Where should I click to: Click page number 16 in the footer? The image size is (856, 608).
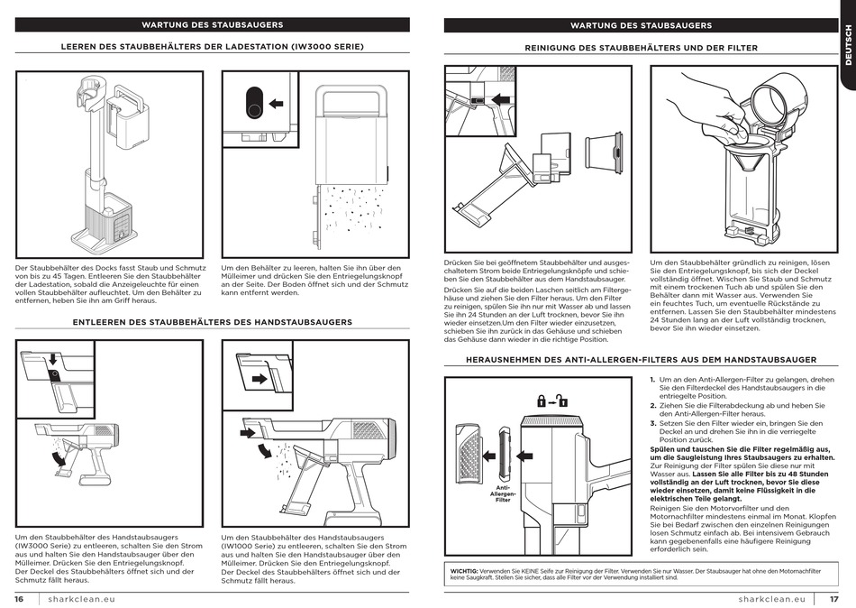coord(18,599)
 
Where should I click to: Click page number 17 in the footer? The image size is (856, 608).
coord(833,599)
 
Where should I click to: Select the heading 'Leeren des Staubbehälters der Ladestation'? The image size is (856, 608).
coord(212,46)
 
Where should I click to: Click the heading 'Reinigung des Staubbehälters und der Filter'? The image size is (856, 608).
coord(641,47)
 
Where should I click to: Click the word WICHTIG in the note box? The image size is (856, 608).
coord(463,570)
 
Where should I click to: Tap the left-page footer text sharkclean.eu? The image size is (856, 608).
coord(82,599)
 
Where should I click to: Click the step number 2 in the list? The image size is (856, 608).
coord(652,406)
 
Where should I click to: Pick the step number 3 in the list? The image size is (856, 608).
coord(652,423)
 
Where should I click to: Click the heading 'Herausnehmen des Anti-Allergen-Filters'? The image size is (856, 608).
coord(641,359)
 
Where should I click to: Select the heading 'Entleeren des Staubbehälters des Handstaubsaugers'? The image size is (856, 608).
coord(212,321)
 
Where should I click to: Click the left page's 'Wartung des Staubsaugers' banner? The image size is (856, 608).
coord(212,25)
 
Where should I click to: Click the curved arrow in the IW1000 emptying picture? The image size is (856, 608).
coord(263,448)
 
